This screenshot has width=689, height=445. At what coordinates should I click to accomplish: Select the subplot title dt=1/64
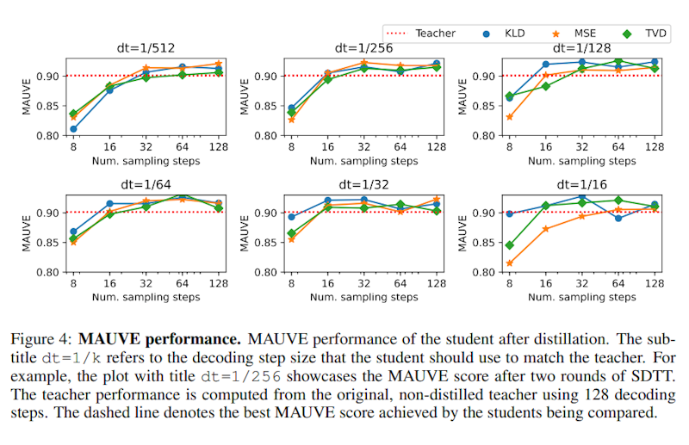coord(146,184)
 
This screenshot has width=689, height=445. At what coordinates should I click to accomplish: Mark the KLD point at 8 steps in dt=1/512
coord(75,129)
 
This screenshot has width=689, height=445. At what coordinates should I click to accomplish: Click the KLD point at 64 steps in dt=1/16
coord(618,219)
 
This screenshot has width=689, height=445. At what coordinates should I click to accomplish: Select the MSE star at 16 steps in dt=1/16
coord(544,228)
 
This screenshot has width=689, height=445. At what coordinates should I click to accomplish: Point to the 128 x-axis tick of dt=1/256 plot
coord(435,147)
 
